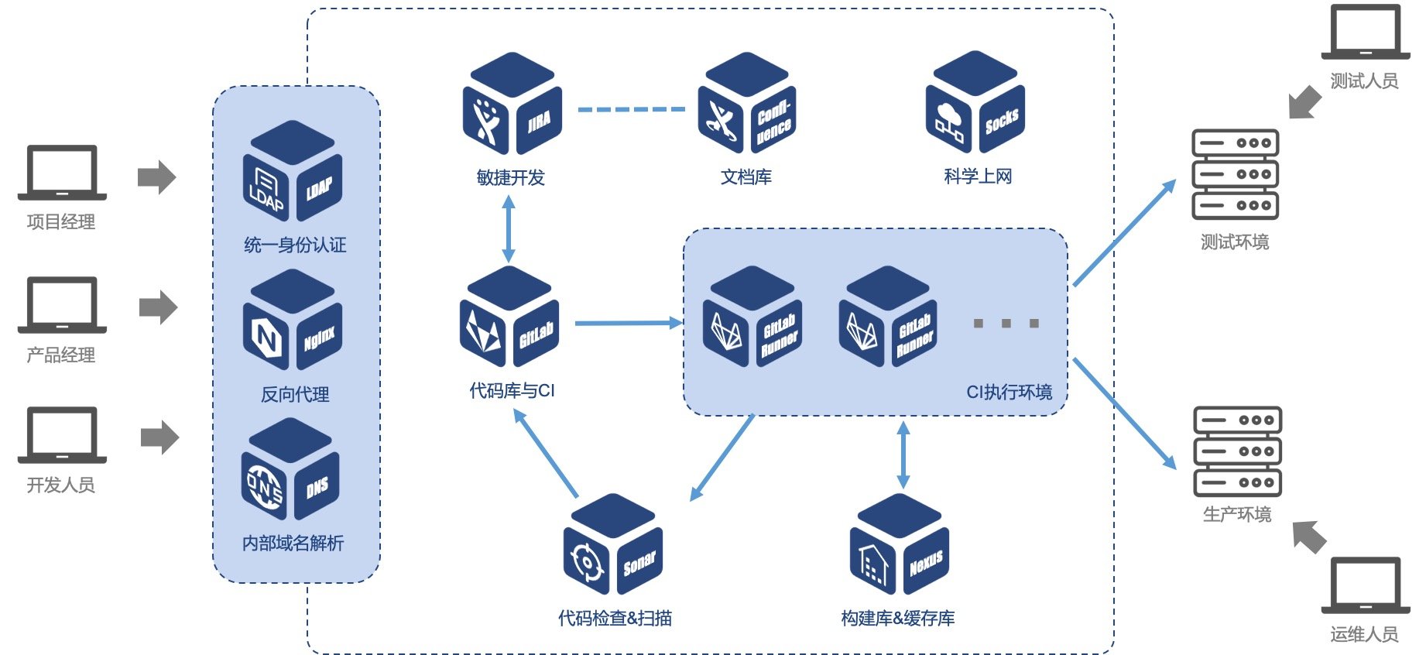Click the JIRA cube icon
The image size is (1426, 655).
[x=512, y=103]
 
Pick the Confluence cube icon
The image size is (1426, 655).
[x=747, y=103]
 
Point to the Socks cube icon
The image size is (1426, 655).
[x=975, y=101]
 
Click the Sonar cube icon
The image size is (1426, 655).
[x=613, y=544]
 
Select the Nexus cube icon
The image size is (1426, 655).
[x=899, y=544]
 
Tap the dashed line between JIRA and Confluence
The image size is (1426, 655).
[x=631, y=110]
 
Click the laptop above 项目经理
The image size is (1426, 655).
[x=62, y=173]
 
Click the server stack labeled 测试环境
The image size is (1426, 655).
[x=1235, y=174]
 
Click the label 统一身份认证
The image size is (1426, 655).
[x=295, y=245]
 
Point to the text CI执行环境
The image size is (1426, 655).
[x=1009, y=392]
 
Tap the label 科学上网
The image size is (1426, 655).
[x=978, y=177]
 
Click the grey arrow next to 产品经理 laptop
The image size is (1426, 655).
[x=159, y=307]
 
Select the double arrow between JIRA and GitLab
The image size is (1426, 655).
[x=509, y=229]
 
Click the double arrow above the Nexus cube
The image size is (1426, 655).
[x=903, y=454]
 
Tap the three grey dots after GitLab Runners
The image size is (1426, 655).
[x=1006, y=323]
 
